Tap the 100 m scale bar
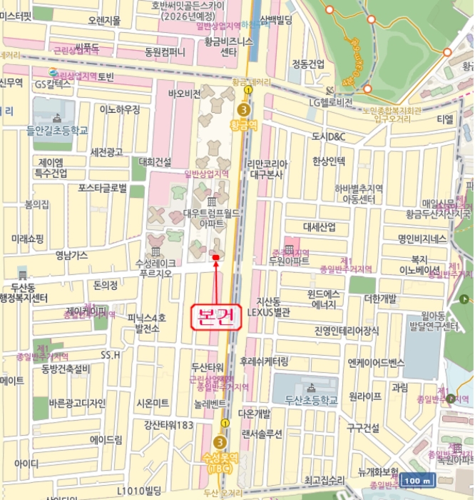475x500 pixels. [416, 481]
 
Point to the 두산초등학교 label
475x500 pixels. [310, 401]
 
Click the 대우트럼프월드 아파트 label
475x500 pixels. [211, 218]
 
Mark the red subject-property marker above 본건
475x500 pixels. [215, 257]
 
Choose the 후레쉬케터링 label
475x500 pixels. [264, 361]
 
